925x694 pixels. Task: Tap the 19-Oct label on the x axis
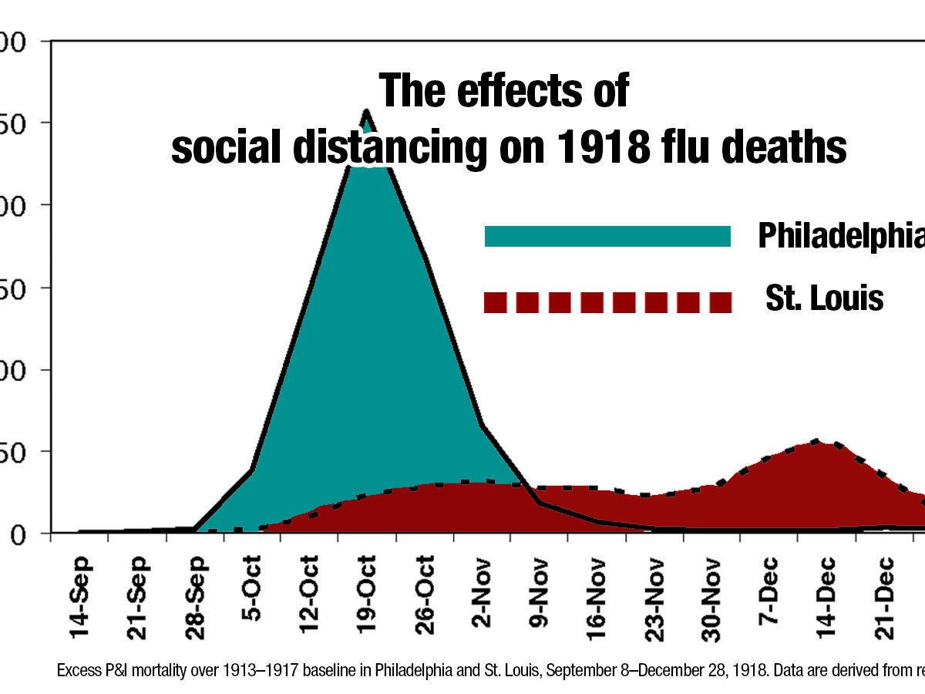(x=367, y=598)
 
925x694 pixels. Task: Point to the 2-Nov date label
(x=481, y=598)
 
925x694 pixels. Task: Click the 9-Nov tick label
(x=539, y=598)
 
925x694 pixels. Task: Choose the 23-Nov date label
(x=654, y=598)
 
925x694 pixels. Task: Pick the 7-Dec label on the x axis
(x=769, y=598)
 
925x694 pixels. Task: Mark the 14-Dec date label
(x=826, y=598)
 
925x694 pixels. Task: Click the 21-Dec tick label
(x=883, y=598)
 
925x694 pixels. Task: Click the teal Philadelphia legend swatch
(x=607, y=236)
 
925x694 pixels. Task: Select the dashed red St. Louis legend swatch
(x=607, y=302)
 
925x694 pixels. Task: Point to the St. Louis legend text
(x=824, y=298)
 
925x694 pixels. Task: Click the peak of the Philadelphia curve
(x=365, y=111)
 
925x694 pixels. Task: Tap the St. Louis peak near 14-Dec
(x=817, y=441)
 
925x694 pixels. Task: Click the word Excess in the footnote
(x=79, y=670)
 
